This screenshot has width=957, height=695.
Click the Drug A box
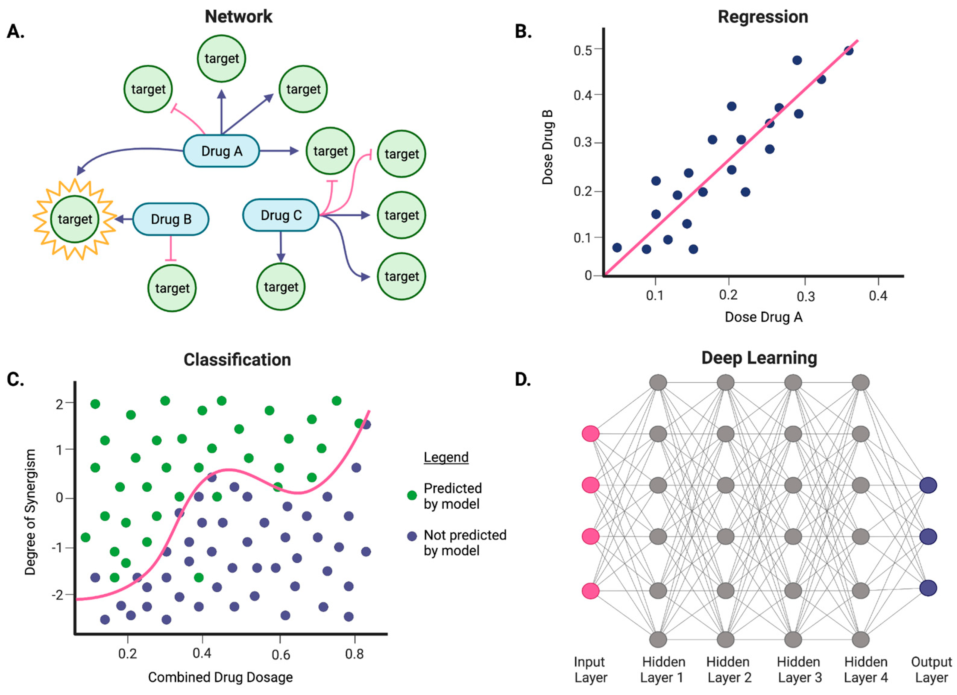221,151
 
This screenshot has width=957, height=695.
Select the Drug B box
171,219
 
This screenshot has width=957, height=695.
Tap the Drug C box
281,215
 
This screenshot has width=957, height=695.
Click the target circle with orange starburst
75,219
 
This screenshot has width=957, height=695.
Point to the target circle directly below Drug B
172,288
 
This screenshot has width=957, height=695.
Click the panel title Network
238,17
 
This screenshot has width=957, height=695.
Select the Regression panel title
763,17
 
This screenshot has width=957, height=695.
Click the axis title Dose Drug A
763,317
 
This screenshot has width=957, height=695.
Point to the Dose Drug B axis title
548,148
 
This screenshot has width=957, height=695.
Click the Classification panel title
237,360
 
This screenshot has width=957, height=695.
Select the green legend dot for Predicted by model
412,495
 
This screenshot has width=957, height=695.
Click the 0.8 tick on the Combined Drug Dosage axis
354,654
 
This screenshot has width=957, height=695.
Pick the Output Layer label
931,670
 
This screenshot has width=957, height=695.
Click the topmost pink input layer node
590,433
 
